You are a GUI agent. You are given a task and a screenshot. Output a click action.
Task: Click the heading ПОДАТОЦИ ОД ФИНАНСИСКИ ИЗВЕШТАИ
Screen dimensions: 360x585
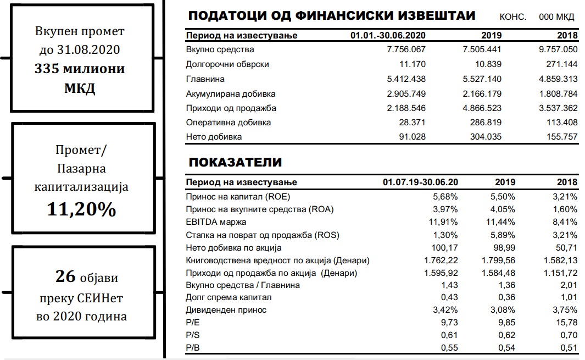pyautogui.click(x=332, y=16)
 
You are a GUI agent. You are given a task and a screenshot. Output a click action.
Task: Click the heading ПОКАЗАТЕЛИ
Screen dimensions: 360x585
pyautogui.click(x=235, y=163)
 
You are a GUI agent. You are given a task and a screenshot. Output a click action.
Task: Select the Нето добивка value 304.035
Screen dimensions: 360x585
pyautogui.click(x=482, y=137)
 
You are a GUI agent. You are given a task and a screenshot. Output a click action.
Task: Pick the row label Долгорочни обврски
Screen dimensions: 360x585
pyautogui.click(x=227, y=64)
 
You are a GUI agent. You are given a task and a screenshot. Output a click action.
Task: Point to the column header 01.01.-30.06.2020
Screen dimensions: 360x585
pyautogui.click(x=388, y=36)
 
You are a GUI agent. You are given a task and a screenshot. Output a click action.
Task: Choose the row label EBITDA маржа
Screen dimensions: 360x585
pyautogui.click(x=216, y=222)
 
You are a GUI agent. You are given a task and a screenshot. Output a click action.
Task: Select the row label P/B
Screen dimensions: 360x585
pyautogui.click(x=192, y=347)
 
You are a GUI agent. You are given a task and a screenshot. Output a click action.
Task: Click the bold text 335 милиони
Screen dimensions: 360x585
pyautogui.click(x=80, y=69)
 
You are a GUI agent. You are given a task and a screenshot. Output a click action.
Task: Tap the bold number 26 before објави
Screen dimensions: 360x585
pyautogui.click(x=65, y=276)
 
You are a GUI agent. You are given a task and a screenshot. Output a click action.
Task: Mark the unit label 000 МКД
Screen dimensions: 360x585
pyautogui.click(x=556, y=17)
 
